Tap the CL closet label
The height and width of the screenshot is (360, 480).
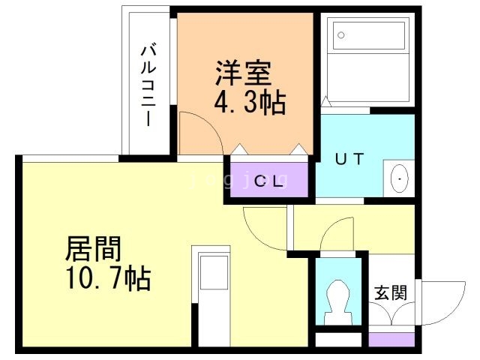(x=269, y=181)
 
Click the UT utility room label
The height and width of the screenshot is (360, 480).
(x=349, y=159)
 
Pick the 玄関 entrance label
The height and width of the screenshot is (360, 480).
(x=391, y=292)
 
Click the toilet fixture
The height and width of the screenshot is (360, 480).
(x=339, y=299)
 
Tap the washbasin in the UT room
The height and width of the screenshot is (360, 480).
(x=400, y=179)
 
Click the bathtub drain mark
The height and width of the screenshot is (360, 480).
(x=340, y=35)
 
